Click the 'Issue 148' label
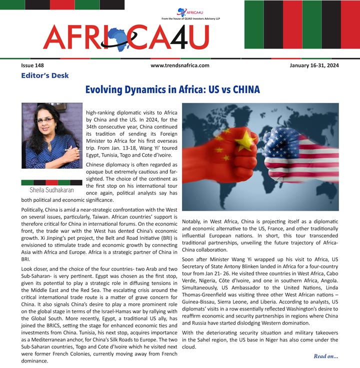(32, 66)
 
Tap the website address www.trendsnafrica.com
(179, 66)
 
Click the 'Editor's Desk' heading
(45, 76)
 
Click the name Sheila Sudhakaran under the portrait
(51, 190)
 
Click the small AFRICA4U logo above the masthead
(182, 13)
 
